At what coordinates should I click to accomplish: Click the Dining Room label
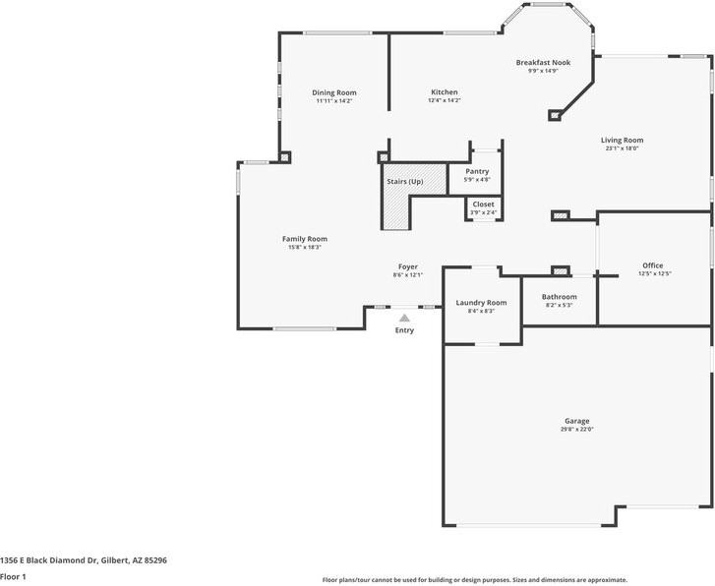pos(334,92)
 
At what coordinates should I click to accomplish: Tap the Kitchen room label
pos(445,92)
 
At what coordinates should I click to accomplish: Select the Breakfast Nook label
pos(543,63)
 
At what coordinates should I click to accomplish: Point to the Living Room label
pos(622,140)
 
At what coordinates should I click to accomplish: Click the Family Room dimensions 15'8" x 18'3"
pos(305,247)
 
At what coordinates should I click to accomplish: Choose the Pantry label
pos(477,171)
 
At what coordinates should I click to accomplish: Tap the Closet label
pos(483,205)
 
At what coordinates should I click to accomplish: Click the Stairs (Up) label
pos(405,182)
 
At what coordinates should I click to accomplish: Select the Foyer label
pos(408,266)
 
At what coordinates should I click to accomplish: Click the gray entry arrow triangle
pos(404,318)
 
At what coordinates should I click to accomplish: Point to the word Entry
pos(404,330)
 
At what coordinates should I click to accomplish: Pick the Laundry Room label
pos(481,303)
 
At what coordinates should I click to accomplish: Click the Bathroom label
pos(559,296)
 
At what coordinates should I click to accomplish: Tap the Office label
pos(652,265)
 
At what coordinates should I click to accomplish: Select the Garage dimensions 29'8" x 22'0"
pos(577,429)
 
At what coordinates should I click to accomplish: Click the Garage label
pos(577,421)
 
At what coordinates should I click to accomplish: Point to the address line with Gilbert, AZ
pos(84,560)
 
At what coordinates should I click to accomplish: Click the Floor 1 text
pos(13,576)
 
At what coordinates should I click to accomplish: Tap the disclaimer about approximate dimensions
pos(475,580)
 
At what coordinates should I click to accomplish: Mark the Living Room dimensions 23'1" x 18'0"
pos(622,148)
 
